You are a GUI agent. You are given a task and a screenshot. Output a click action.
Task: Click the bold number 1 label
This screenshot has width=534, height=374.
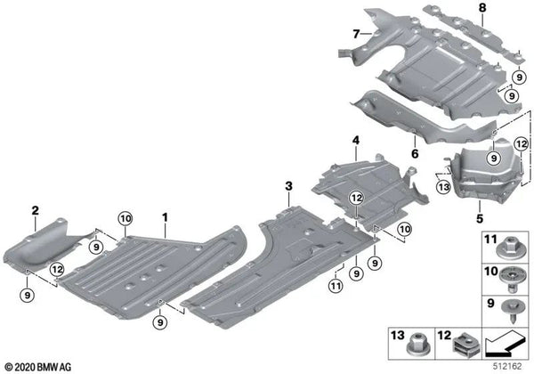(x=164, y=216)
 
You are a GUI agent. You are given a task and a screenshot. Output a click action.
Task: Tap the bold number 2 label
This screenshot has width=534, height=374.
(x=35, y=210)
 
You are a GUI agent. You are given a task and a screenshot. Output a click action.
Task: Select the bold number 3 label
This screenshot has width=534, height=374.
(x=288, y=184)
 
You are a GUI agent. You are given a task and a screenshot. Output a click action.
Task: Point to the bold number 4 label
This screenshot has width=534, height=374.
(x=354, y=140)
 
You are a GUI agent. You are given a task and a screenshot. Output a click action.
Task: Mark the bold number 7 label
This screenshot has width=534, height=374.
(x=354, y=35)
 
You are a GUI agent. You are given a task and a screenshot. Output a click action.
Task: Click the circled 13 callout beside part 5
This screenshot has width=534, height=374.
(x=442, y=186)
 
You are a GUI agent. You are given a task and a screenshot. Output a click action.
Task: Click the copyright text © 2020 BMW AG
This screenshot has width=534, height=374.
(x=41, y=366)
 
